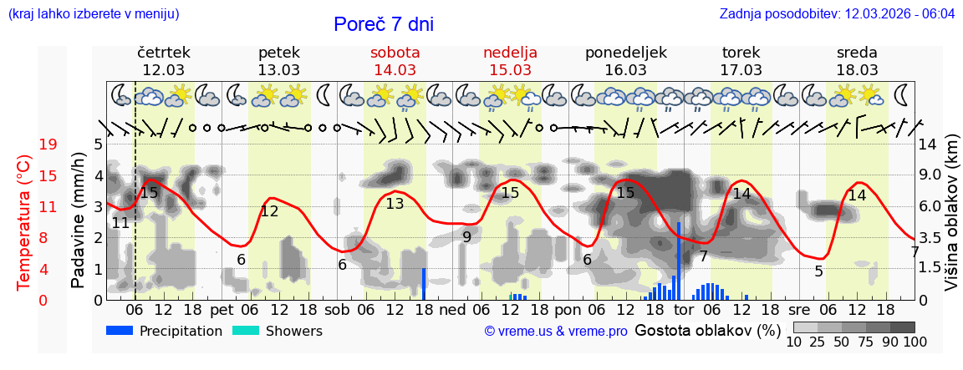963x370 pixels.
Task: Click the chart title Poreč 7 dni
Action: (384, 24)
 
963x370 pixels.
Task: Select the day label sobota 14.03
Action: (395, 61)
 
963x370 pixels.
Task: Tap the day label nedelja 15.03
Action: (510, 61)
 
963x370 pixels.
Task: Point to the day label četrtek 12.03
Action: (163, 61)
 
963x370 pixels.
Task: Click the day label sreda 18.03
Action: (857, 61)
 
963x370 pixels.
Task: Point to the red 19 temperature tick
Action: (48, 144)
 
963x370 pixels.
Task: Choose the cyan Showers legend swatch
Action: (246, 331)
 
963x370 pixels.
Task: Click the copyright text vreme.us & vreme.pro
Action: (556, 332)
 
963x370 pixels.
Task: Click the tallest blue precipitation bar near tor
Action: (679, 260)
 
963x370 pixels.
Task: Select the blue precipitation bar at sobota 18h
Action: (424, 284)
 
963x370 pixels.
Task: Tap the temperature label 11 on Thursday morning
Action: (120, 223)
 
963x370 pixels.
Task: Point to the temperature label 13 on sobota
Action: (395, 203)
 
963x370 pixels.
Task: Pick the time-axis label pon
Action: (568, 309)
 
